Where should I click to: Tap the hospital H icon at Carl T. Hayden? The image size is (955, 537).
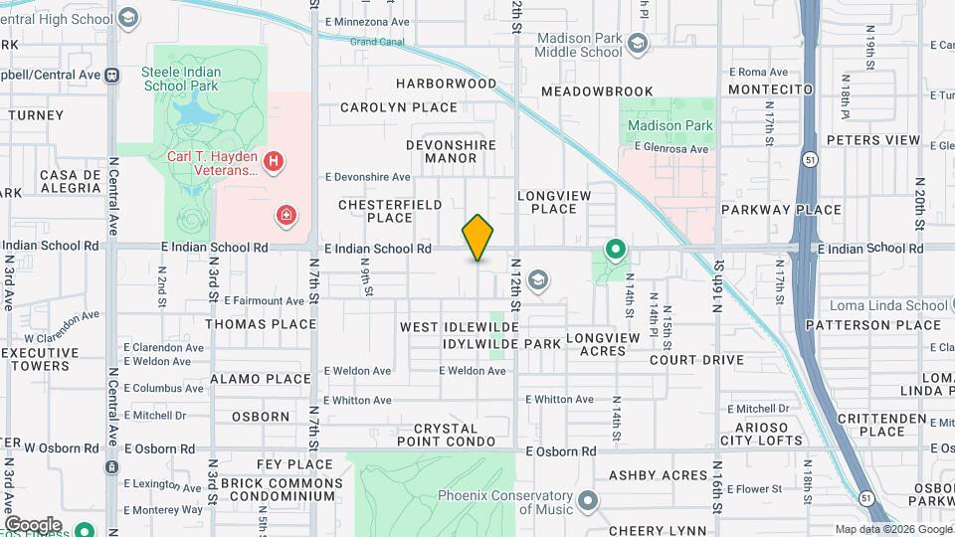[x=276, y=159]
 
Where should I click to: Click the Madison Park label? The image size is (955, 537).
[x=668, y=126]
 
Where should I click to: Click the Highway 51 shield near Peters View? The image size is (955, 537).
[x=812, y=159]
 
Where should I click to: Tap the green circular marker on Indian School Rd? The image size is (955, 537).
[x=616, y=250]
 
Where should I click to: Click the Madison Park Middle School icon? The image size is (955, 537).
[x=638, y=43]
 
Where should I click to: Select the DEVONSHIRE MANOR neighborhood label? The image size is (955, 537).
[x=451, y=151]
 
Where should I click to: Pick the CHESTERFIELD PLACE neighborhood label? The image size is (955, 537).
[x=375, y=211]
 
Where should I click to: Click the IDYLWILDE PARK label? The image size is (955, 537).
[x=502, y=344]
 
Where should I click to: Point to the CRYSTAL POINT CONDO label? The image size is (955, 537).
[x=446, y=434]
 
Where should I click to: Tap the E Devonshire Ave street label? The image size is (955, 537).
[x=367, y=177]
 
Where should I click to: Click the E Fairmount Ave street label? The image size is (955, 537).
[x=264, y=300]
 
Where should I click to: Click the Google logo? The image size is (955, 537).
[x=33, y=524]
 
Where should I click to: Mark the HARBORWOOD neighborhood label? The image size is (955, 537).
[x=446, y=84]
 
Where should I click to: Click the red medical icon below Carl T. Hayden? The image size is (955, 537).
[x=286, y=214]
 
